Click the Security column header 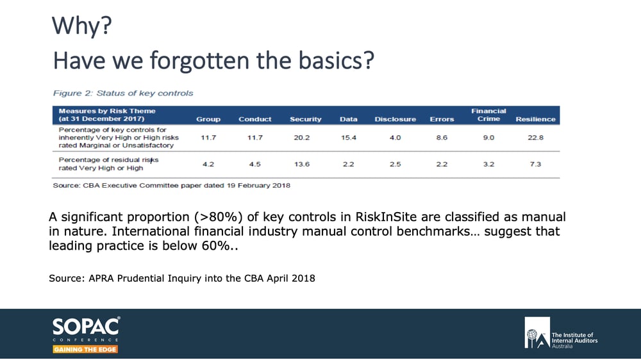(x=305, y=119)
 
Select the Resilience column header (x=535, y=119)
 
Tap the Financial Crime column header (x=488, y=115)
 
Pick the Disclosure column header (x=395, y=119)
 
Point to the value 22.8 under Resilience (x=535, y=137)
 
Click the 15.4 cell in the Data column (x=348, y=137)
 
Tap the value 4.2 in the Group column (x=208, y=164)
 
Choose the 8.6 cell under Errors (x=442, y=137)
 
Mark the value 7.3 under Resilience (x=535, y=164)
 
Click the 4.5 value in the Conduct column (x=254, y=164)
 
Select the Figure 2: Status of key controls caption (x=122, y=93)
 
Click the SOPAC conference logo (x=86, y=328)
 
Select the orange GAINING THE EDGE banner (x=85, y=349)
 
